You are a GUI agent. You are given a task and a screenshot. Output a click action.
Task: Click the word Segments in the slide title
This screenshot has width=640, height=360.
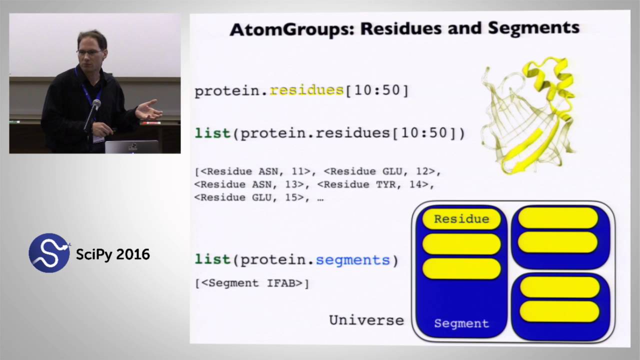coord(533,28)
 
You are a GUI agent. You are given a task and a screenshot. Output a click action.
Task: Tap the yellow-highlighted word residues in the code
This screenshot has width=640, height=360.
coord(306,90)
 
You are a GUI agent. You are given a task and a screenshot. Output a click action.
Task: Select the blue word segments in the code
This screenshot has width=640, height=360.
coord(352,260)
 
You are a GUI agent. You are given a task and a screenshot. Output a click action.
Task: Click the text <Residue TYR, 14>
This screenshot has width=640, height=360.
coord(375,184)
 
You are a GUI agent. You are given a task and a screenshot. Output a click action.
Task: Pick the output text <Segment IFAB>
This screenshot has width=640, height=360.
coord(252,283)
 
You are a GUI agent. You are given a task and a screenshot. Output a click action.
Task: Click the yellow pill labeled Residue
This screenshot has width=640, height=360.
coord(461,219)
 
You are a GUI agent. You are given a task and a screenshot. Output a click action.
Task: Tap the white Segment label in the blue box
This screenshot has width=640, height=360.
coord(461,323)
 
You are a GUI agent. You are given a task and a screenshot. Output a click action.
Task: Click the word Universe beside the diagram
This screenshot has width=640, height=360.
coord(366,320)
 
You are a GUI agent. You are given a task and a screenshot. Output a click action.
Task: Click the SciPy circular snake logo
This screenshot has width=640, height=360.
coord(49,253)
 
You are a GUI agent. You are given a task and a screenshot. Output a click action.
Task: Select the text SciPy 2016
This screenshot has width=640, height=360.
coord(112,254)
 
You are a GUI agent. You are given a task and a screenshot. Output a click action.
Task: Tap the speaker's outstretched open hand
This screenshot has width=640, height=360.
coord(148,109)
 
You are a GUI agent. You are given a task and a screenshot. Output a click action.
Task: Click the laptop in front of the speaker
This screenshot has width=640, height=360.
coord(132,146)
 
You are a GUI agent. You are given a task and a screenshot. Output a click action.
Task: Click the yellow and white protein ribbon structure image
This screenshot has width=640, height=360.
coord(529,115)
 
